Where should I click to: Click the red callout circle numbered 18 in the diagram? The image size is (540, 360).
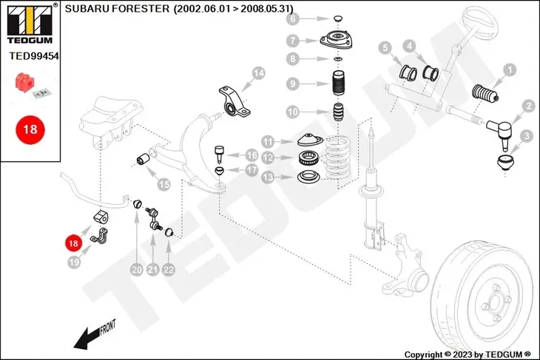[x=72, y=242]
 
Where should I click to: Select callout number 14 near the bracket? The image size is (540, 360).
[x=258, y=73]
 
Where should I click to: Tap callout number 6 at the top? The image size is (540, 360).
[x=293, y=18]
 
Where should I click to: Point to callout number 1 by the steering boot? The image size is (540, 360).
[x=508, y=70]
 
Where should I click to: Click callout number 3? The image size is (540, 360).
[x=526, y=136]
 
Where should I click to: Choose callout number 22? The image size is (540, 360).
[x=169, y=270]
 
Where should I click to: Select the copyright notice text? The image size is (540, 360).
[x=468, y=353]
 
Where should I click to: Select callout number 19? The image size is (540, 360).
[x=72, y=262]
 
